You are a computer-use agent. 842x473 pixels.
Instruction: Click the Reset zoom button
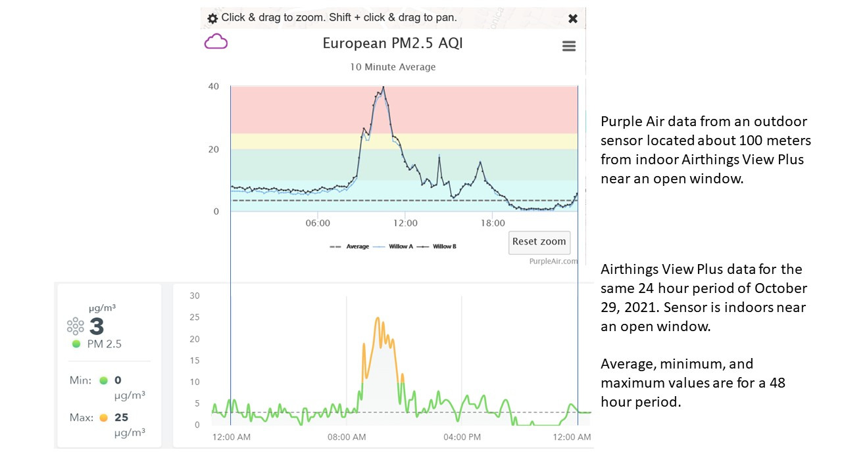point(539,242)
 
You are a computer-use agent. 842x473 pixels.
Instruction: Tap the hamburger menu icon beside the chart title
point(569,46)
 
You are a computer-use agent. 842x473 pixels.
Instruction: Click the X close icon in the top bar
point(573,18)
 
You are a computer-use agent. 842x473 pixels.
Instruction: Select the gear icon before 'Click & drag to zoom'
point(212,18)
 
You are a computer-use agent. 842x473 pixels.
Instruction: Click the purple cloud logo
point(216,43)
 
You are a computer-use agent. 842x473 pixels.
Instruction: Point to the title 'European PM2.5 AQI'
point(393,43)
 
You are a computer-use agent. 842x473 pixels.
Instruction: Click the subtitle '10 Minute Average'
point(393,67)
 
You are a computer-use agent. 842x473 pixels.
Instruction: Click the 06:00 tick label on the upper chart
point(318,224)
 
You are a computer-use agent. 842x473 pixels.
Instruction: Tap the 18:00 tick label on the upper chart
point(493,224)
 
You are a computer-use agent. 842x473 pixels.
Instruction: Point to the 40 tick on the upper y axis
point(213,86)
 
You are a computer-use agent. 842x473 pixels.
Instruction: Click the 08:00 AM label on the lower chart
point(347,437)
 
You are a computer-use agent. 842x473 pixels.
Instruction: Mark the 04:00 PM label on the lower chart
point(462,437)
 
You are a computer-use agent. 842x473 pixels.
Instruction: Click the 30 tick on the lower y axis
point(194,296)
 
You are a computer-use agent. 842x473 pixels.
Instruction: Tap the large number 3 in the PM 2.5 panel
point(97,327)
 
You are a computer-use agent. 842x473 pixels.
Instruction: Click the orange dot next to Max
point(103,418)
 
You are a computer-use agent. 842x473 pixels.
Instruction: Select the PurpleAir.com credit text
point(553,261)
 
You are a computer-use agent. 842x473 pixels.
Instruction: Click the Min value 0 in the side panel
point(118,380)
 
